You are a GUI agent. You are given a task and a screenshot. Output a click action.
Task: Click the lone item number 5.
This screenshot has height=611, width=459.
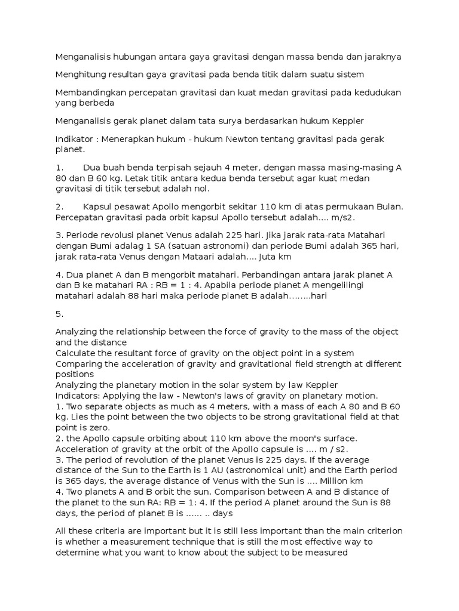point(59,313)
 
